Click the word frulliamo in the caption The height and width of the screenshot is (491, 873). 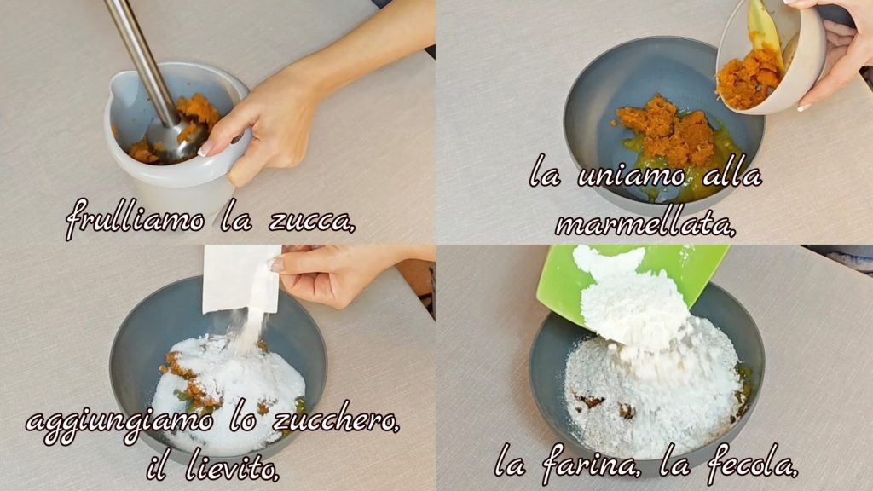[135, 219]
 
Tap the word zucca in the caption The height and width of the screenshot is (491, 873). [311, 221]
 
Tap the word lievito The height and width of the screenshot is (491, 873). [232, 467]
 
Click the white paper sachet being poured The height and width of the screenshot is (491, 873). [241, 279]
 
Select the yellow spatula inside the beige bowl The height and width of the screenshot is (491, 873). [766, 33]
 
